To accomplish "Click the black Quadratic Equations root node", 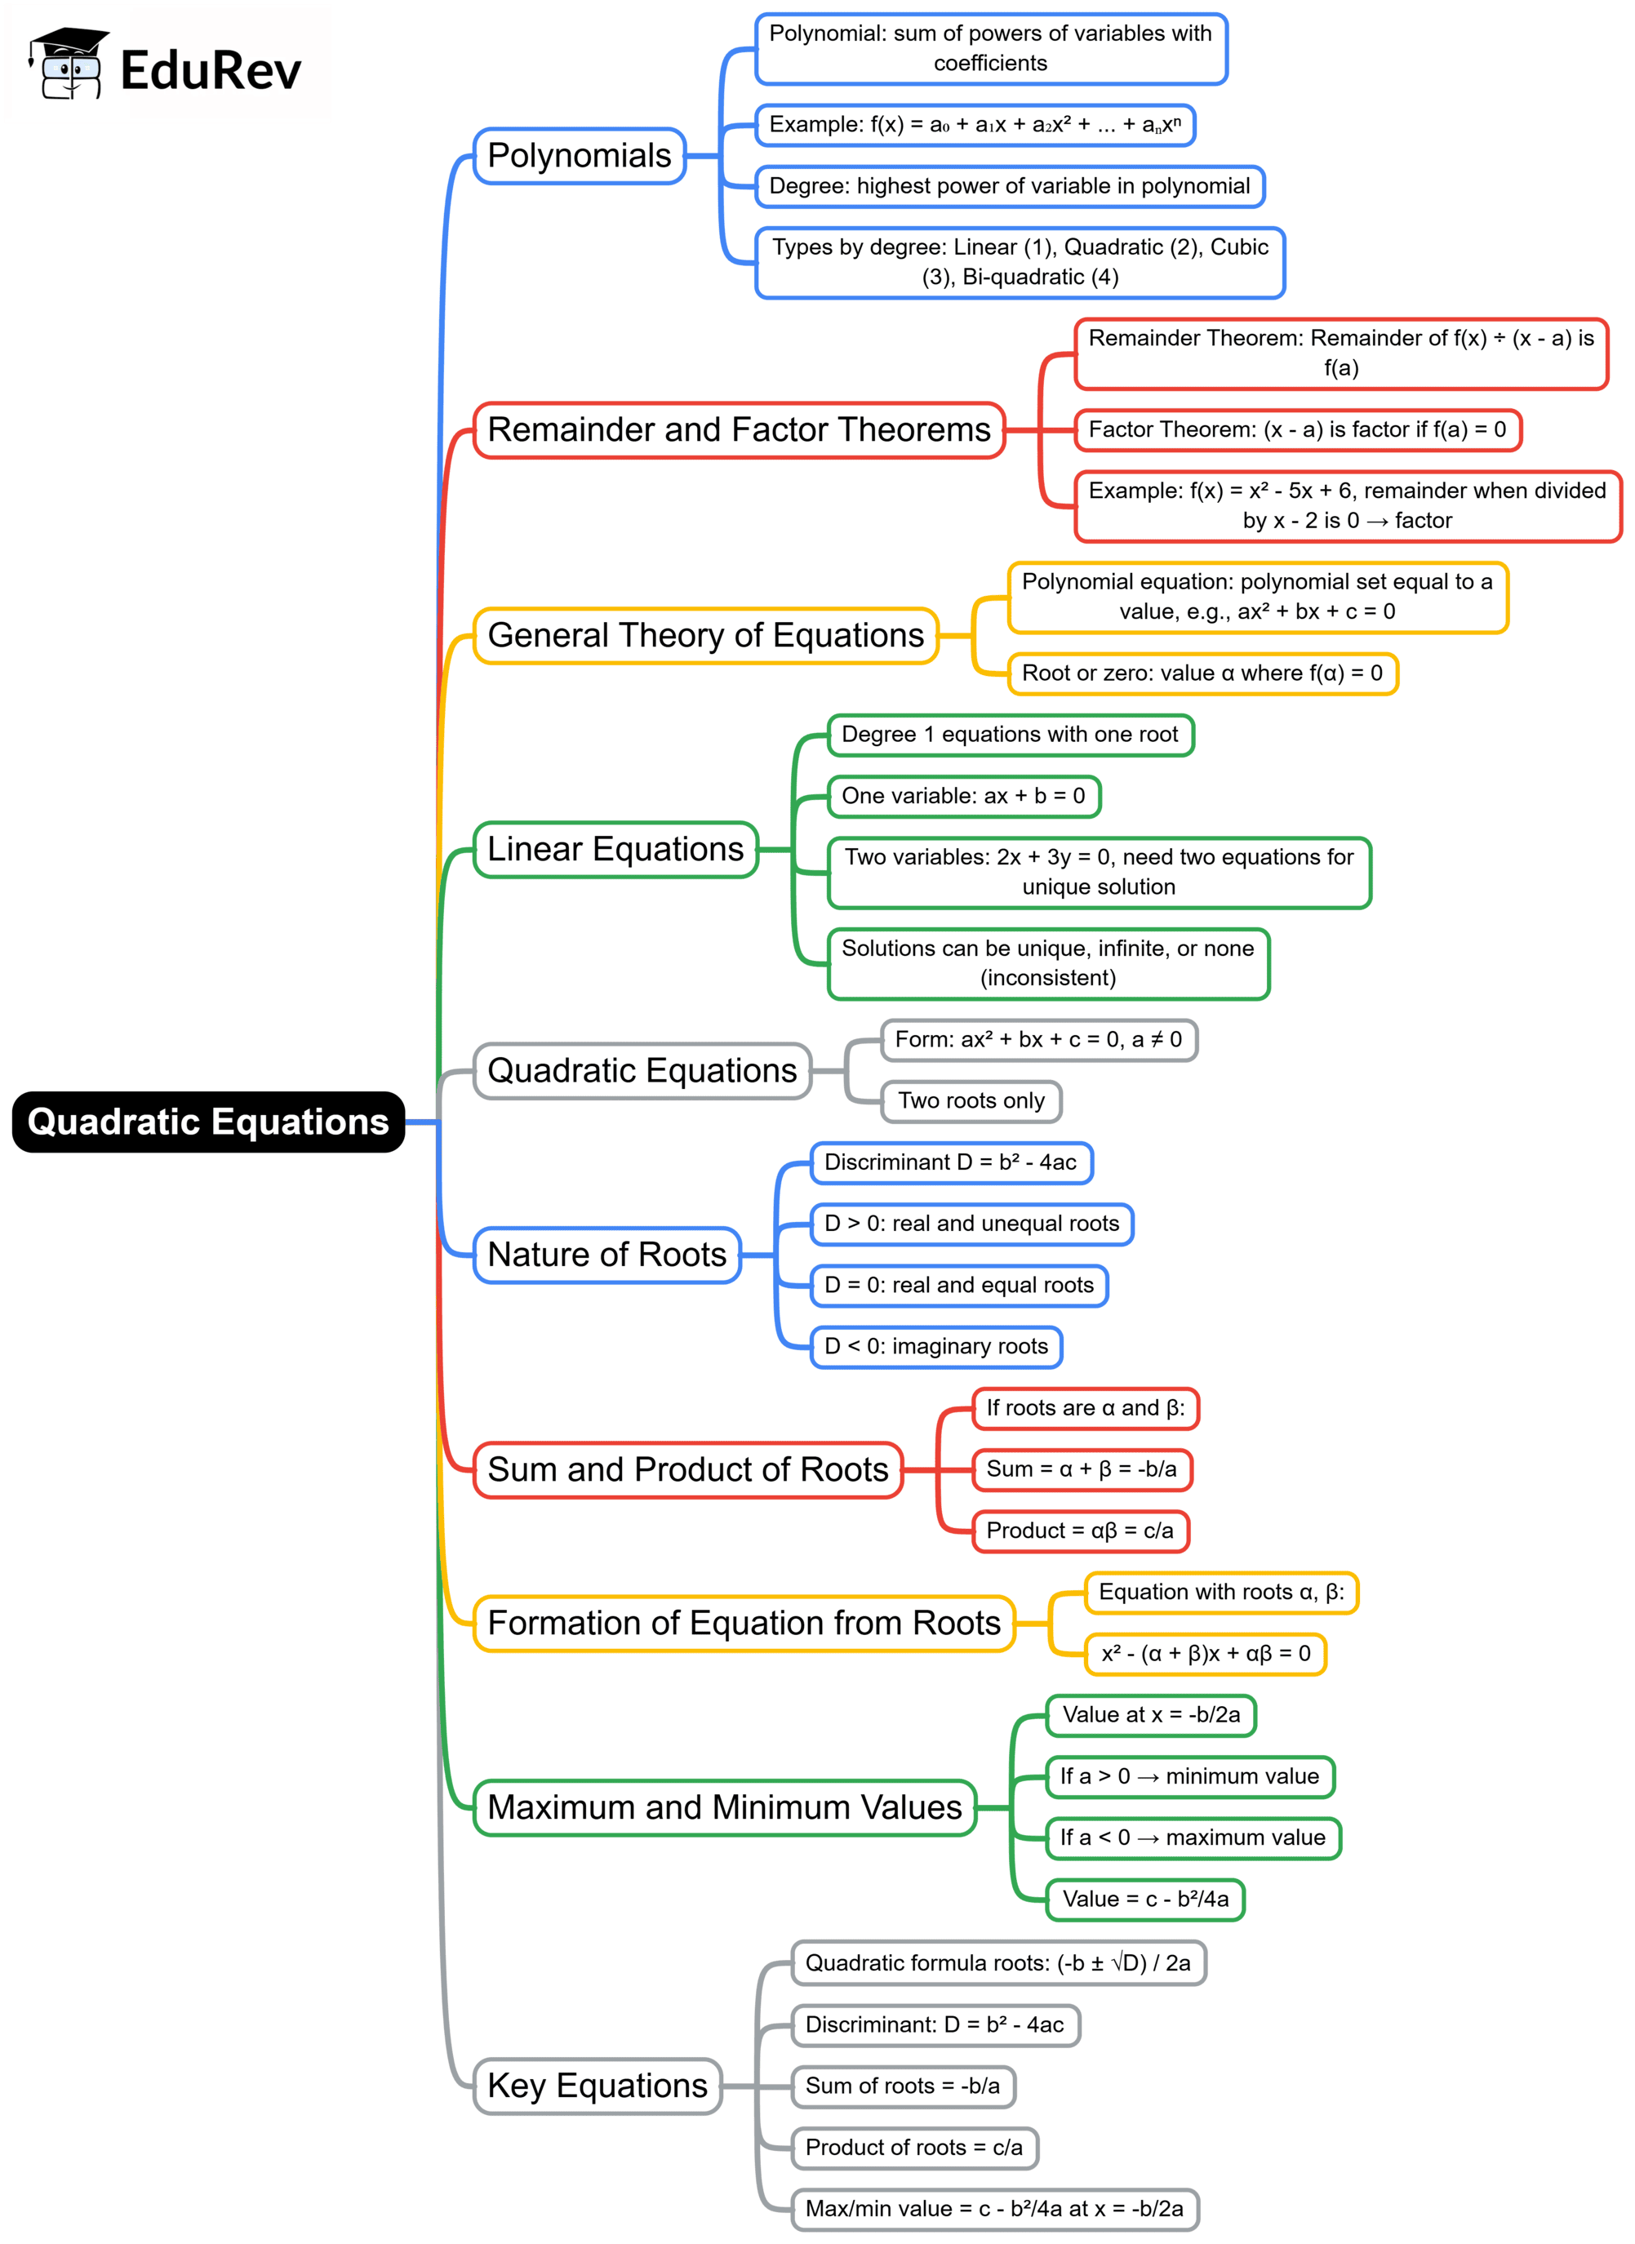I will (208, 1122).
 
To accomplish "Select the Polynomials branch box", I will (579, 155).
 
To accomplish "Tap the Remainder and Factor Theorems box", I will (739, 429).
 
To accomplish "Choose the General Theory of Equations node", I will (704, 635).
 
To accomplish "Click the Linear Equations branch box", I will (615, 849).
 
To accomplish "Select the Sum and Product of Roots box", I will (688, 1470).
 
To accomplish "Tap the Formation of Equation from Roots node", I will (744, 1624).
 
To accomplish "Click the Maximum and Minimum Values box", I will (725, 1807).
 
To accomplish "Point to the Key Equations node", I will (597, 2086).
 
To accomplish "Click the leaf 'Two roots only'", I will (971, 1100).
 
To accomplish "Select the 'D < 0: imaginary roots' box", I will (935, 1346).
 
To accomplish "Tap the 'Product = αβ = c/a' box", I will (1080, 1531).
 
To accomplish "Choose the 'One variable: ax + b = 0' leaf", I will (963, 796).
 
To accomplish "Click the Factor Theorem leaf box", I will (1296, 429).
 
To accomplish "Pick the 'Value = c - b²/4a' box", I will (1145, 1899).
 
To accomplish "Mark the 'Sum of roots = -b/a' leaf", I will (903, 2086).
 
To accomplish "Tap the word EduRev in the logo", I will (210, 71).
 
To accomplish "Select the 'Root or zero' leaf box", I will (1202, 673).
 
